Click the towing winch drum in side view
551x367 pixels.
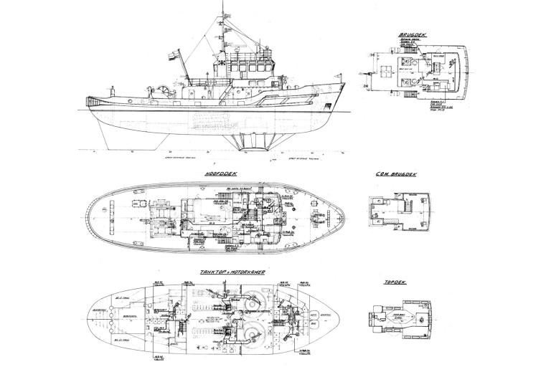pyautogui.click(x=166, y=90)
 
